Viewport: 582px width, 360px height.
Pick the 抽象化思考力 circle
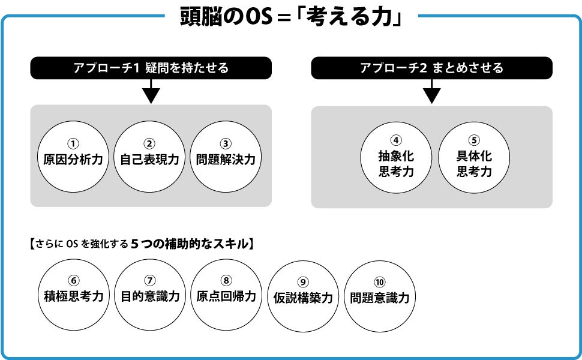[x=396, y=157]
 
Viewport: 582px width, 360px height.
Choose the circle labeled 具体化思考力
[x=474, y=157]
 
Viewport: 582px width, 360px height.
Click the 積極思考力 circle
[x=74, y=294]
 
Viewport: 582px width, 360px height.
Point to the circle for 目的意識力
[x=150, y=294]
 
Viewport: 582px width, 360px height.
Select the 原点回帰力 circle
[x=226, y=294]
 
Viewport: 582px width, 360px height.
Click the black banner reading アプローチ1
[x=151, y=68]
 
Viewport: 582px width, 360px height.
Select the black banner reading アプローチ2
[x=431, y=68]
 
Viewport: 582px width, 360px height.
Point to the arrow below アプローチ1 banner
[x=151, y=92]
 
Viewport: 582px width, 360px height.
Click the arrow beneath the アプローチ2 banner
[x=431, y=92]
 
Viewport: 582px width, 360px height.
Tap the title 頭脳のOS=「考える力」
[x=290, y=17]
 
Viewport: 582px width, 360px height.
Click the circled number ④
[x=396, y=140]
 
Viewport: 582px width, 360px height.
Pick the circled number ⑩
[x=379, y=282]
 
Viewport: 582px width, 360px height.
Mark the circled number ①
[x=73, y=143]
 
